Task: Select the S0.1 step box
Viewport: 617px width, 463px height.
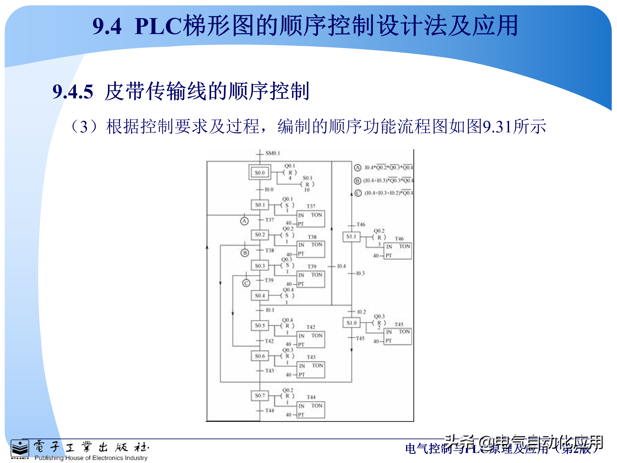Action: (x=260, y=205)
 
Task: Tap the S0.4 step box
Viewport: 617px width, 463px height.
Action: (x=260, y=296)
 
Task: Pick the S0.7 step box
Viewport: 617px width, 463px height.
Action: (x=260, y=395)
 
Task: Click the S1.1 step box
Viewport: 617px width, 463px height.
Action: (x=351, y=237)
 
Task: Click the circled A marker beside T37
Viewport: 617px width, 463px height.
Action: (x=244, y=221)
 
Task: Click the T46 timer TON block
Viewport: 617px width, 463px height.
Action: (x=398, y=251)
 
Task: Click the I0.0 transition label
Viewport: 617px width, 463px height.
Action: (x=269, y=189)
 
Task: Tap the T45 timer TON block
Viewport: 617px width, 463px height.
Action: (x=398, y=337)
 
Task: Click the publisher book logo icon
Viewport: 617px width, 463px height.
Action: (x=20, y=449)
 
